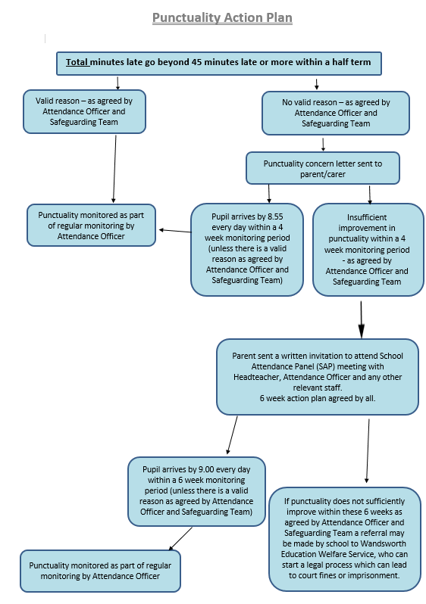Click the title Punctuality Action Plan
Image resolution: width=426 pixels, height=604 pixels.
click(x=222, y=17)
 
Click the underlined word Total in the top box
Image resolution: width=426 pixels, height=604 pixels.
click(x=77, y=62)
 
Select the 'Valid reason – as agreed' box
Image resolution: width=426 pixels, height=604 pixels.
click(x=84, y=112)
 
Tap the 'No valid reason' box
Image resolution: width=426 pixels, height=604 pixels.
click(x=336, y=114)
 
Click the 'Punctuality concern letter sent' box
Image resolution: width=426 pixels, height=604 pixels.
click(x=323, y=168)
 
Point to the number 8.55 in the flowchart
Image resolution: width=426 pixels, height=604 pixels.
click(x=275, y=216)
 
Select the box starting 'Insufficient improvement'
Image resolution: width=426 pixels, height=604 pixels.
click(x=368, y=250)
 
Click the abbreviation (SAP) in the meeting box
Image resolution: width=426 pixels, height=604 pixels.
click(x=326, y=366)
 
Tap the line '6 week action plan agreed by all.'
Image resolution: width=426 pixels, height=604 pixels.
click(x=318, y=398)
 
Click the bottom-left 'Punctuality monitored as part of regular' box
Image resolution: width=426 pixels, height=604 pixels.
click(x=100, y=571)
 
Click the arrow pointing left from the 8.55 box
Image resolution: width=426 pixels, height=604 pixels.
click(x=175, y=231)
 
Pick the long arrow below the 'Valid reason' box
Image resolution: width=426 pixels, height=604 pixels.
click(x=114, y=169)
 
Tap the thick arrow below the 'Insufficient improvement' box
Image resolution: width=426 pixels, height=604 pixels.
click(x=361, y=319)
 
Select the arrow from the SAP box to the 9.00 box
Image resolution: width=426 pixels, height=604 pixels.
click(x=232, y=435)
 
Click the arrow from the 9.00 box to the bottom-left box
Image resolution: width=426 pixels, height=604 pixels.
click(x=180, y=539)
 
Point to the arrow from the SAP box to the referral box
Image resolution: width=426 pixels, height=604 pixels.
click(x=368, y=451)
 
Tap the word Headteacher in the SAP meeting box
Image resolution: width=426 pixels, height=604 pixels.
click(x=257, y=377)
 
